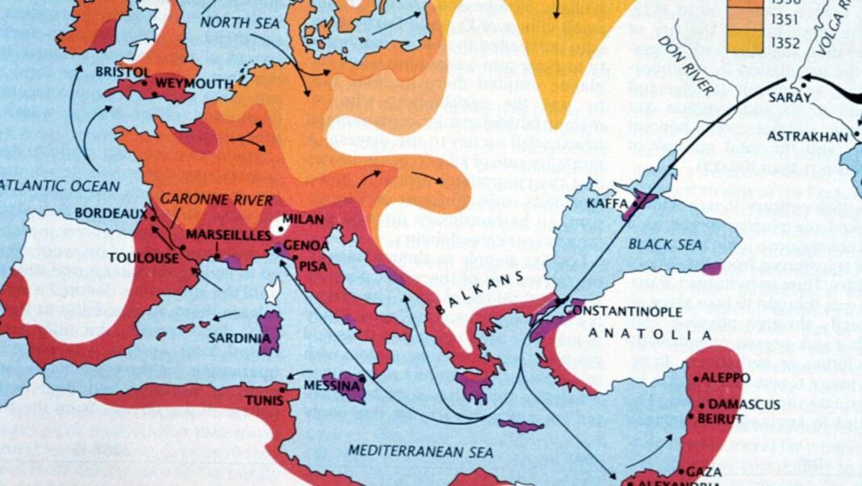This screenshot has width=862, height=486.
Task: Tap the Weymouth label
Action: [x=194, y=83]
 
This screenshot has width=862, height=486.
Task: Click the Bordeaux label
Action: [x=111, y=213]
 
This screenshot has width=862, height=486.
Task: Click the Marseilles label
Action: [x=228, y=234]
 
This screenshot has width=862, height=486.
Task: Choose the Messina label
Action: [x=331, y=386]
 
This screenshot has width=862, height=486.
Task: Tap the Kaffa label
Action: [x=608, y=204]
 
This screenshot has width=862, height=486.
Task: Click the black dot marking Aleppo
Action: [x=696, y=379]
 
